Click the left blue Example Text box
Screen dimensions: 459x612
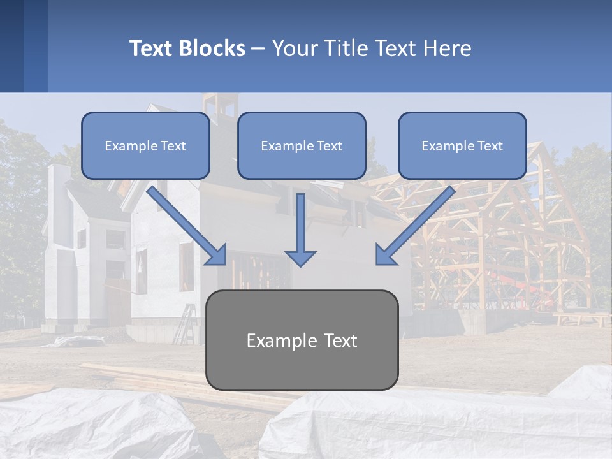145,146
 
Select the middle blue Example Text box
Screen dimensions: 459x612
302,146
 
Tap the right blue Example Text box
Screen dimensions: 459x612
462,146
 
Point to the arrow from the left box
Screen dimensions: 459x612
188,226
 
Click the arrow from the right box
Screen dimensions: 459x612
414,226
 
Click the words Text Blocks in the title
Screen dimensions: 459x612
187,48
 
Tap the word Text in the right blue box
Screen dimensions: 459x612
490,146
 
